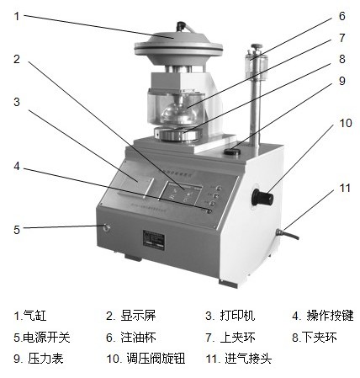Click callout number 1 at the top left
point(17,16)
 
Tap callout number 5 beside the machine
point(17,230)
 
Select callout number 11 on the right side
point(345,188)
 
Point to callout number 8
point(341,59)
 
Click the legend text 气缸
point(34,316)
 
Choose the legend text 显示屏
point(138,316)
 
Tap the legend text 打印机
point(237,316)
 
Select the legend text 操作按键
point(330,316)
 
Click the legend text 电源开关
point(46,337)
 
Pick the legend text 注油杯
point(138,337)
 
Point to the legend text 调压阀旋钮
point(156,359)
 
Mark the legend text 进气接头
point(248,359)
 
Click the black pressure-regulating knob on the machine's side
point(262,197)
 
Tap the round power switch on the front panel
point(107,227)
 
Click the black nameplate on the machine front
point(154,239)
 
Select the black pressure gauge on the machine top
point(232,152)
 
